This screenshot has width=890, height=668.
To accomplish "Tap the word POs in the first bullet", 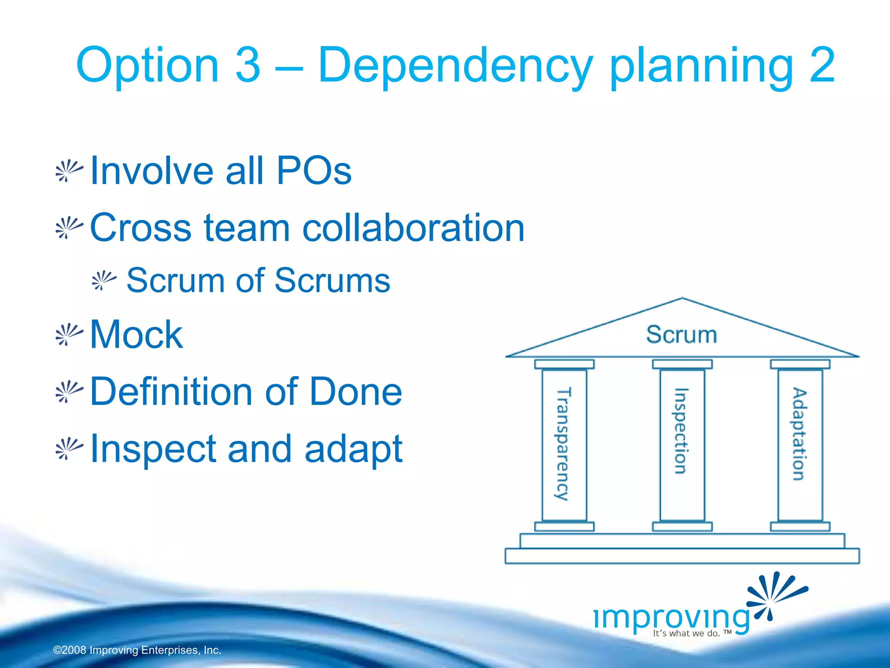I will tap(314, 170).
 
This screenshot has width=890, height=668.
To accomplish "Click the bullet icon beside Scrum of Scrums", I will tap(104, 281).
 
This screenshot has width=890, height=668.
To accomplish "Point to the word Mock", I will tap(136, 334).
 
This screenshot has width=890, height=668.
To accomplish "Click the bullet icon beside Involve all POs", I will tap(69, 171).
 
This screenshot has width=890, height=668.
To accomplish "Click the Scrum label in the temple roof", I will tap(681, 334).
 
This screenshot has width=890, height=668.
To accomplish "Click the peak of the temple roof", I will tap(682, 300).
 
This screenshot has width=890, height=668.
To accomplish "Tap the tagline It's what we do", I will tap(687, 633).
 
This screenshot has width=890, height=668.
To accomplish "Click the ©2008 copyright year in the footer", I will tap(70, 650).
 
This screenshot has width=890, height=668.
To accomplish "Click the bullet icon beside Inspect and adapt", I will tap(69, 449).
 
